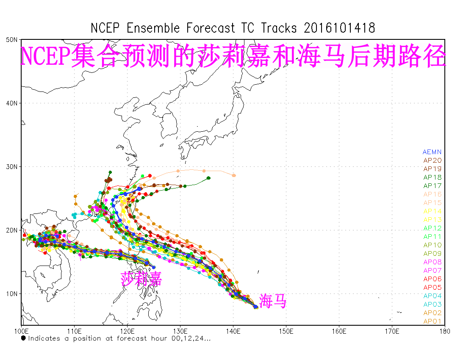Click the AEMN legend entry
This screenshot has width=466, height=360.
[x=432, y=152]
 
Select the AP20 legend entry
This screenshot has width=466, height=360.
[x=432, y=161]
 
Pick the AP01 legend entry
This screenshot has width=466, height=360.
[x=432, y=321]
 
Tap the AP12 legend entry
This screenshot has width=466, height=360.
[x=432, y=228]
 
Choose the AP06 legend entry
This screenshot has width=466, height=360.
[x=432, y=279]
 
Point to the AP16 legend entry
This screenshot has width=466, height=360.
[x=432, y=194]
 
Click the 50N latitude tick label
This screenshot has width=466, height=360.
[x=12, y=39]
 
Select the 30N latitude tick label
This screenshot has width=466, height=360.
[x=12, y=166]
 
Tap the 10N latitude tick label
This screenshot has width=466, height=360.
[x=12, y=294]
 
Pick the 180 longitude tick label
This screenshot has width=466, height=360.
[x=444, y=330]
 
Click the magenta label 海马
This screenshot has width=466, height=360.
[x=273, y=302]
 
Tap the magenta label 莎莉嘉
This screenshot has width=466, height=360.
[x=141, y=279]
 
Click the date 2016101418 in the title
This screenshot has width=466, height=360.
[x=339, y=28]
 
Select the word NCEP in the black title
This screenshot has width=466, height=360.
[x=105, y=28]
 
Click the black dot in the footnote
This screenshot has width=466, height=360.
[x=24, y=338]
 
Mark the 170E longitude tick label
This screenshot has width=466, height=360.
[x=392, y=330]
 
